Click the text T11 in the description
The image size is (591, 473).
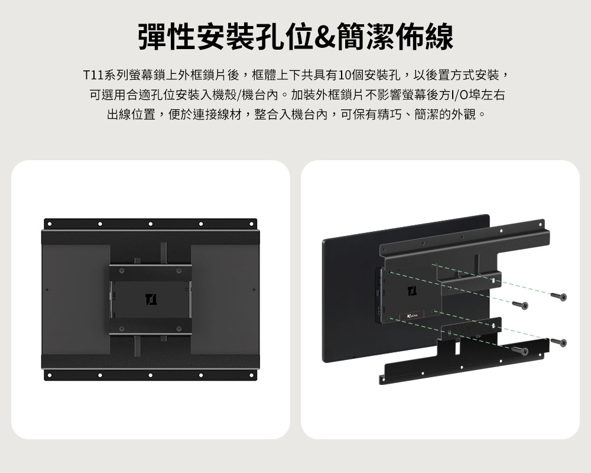click(x=93, y=75)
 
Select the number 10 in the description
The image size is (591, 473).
click(x=345, y=75)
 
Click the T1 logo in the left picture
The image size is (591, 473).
click(x=151, y=299)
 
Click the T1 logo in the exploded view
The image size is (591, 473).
click(x=412, y=291)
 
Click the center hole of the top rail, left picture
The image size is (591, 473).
click(x=150, y=224)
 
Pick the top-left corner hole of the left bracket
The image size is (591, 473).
click(x=50, y=224)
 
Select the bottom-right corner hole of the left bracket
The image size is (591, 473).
click(x=251, y=375)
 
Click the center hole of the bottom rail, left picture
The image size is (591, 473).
click(x=150, y=375)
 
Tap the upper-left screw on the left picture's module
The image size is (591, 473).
click(x=122, y=271)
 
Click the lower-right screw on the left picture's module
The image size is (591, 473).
click(x=179, y=329)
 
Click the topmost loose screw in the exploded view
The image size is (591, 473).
click(x=558, y=296)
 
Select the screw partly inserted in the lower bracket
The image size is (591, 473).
click(x=520, y=351)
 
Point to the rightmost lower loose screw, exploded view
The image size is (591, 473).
click(x=558, y=342)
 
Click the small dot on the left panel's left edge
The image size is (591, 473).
click(x=47, y=290)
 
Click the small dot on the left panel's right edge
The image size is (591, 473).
click(x=254, y=290)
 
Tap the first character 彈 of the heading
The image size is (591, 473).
click(x=152, y=37)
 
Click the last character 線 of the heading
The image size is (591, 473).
click(x=439, y=37)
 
